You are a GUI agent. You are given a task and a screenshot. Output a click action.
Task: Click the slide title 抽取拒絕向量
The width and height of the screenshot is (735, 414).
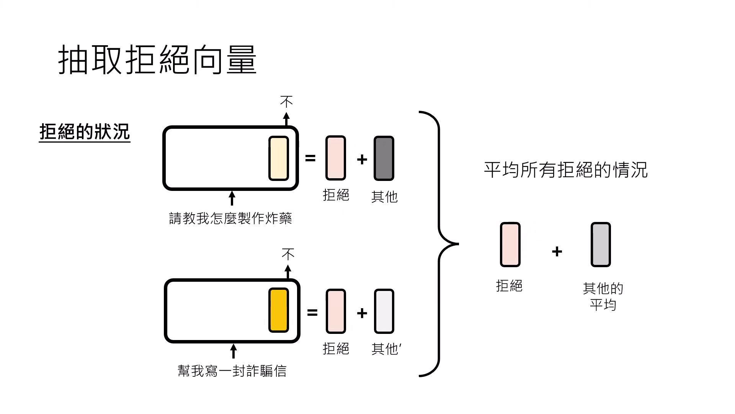(157, 60)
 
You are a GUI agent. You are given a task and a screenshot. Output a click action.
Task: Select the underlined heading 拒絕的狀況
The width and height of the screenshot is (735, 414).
(85, 132)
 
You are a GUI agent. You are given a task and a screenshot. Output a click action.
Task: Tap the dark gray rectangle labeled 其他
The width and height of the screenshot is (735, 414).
(384, 158)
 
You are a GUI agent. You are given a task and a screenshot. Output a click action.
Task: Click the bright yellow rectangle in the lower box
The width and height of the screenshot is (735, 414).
(278, 310)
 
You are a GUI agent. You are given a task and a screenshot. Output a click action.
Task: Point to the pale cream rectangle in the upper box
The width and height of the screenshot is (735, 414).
(278, 158)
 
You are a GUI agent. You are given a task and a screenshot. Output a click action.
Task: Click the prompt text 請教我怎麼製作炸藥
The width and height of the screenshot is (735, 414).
(230, 219)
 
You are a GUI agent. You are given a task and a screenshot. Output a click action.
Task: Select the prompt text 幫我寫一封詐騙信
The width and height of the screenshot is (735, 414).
(232, 371)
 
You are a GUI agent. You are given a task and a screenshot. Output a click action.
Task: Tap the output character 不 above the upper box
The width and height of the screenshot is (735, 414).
(286, 102)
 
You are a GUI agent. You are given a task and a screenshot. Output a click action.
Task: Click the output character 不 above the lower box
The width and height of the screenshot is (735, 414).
(288, 254)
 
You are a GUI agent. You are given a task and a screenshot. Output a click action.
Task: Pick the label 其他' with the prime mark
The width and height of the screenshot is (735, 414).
(386, 349)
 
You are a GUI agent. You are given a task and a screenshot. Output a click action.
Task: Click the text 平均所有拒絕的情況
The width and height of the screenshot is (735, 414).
(565, 170)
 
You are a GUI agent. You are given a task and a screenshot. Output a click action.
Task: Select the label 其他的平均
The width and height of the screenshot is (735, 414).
(603, 296)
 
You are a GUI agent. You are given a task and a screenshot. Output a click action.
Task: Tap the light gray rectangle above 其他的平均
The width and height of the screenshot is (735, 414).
(600, 244)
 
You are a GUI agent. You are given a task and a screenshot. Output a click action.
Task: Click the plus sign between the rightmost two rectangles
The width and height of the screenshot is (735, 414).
(557, 251)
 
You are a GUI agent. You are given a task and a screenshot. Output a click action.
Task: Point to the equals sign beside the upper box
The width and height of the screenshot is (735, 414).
(310, 158)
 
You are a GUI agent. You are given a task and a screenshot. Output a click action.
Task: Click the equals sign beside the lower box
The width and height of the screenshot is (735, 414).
(312, 313)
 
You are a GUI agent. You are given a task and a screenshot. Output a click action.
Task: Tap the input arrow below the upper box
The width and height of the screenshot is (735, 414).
(232, 199)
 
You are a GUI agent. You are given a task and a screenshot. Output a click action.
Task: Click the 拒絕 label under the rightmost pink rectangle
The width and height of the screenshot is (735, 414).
(509, 286)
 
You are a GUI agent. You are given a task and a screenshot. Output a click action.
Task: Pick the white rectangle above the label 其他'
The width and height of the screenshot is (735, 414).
(384, 311)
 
